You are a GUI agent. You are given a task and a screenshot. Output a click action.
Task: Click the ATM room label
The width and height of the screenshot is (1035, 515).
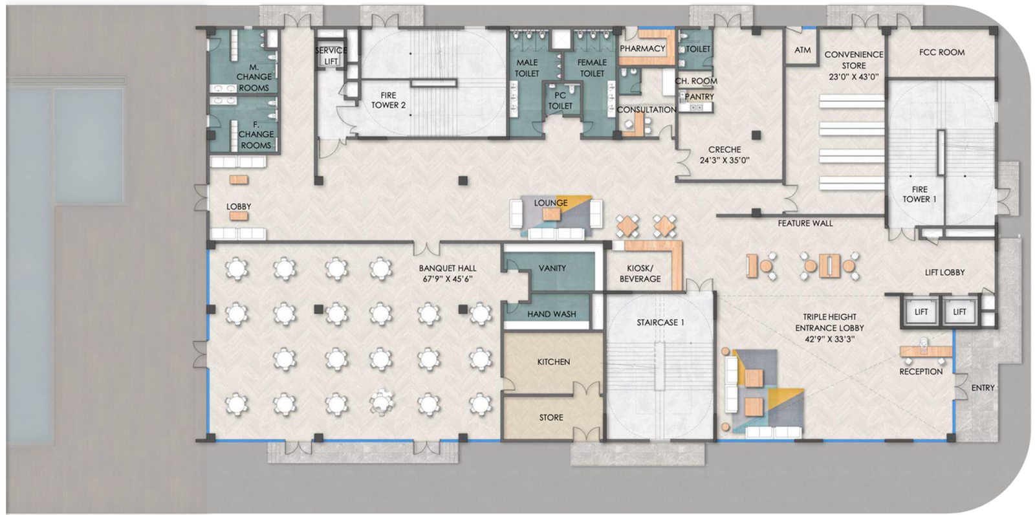[803, 50]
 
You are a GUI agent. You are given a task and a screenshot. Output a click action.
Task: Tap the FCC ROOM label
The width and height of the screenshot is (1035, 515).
[941, 52]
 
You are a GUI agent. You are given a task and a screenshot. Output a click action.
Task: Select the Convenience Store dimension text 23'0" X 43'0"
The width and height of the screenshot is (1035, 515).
[853, 77]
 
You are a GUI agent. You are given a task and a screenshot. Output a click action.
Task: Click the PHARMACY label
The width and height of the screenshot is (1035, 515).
[642, 49]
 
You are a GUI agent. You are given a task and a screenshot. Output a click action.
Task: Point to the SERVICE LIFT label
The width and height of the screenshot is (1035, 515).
[331, 56]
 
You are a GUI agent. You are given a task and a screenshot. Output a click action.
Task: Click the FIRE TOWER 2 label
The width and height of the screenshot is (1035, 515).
[388, 100]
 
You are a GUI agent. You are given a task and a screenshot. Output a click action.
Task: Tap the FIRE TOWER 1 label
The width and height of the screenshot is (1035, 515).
[919, 194]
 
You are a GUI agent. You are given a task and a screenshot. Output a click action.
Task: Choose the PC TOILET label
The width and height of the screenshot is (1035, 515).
[560, 100]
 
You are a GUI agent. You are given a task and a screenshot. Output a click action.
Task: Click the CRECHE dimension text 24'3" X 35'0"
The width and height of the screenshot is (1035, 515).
[724, 160]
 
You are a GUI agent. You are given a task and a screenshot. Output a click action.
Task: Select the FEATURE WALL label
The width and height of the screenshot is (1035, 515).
[805, 223]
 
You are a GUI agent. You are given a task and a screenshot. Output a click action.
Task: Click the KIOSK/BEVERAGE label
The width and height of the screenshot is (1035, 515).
[640, 273]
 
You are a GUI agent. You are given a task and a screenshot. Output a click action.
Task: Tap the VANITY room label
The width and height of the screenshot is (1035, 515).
[552, 268]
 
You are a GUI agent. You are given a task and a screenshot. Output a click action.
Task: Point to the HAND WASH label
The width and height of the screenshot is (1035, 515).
[551, 314]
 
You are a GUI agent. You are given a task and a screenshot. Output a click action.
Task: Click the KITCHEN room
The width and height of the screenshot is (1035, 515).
[553, 362]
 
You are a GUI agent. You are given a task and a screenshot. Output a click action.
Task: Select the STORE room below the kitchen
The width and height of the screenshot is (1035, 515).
[551, 417]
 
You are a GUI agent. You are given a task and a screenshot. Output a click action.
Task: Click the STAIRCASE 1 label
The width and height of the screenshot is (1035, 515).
[660, 322]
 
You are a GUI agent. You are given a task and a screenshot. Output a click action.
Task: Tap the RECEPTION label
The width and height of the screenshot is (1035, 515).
[921, 371]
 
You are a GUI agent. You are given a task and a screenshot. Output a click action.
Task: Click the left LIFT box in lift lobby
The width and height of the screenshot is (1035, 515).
[921, 312]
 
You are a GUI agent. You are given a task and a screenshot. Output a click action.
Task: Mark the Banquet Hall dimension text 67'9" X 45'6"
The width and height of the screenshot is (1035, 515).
[447, 279]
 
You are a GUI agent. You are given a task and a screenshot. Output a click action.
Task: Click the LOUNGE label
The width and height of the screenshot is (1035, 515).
[550, 203]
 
